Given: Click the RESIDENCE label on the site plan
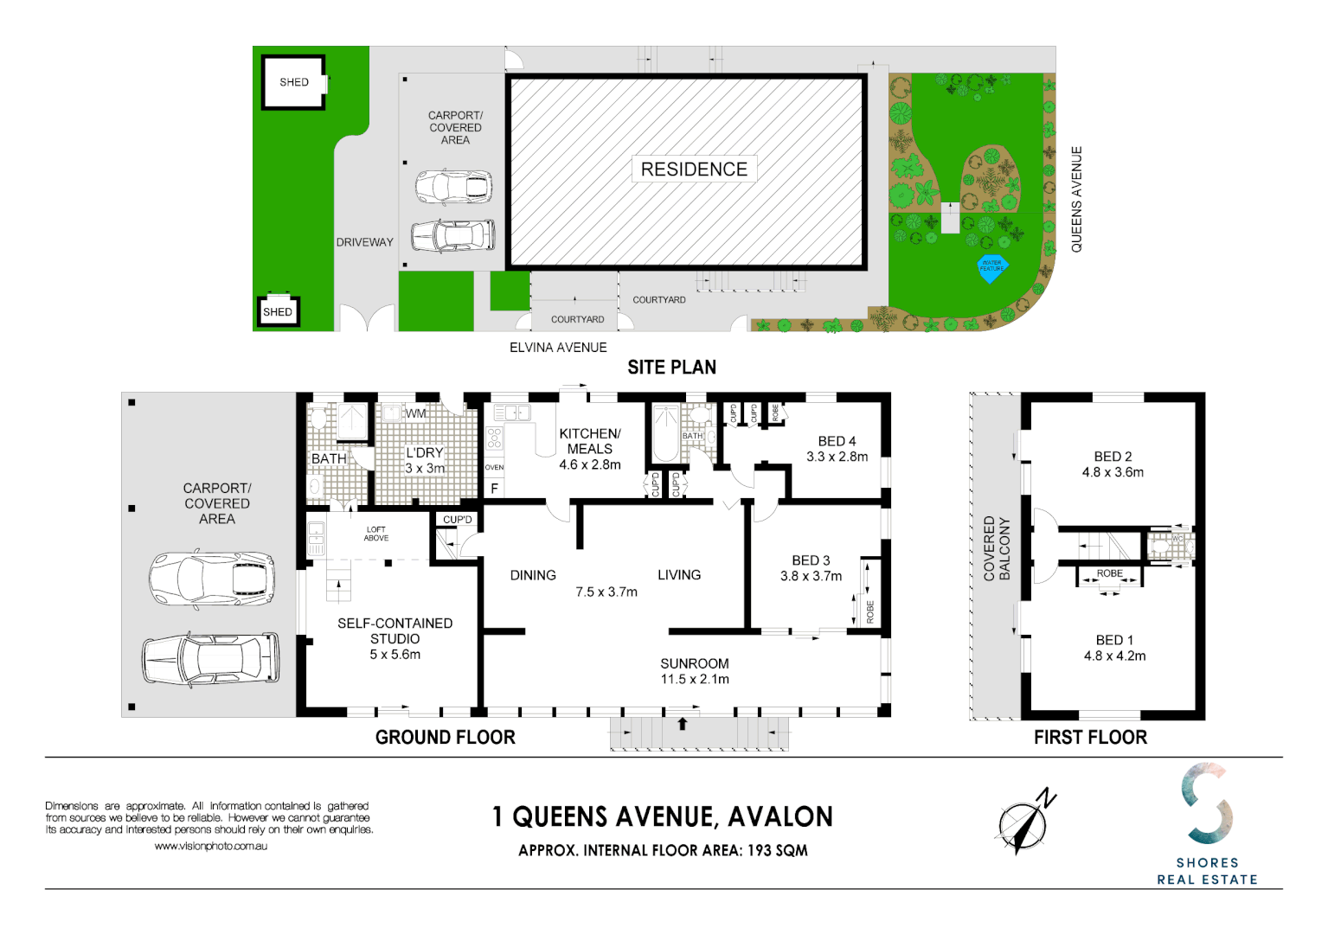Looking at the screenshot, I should (694, 170).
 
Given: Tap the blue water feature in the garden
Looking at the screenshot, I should (991, 266).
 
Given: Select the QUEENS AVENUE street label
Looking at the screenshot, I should (1076, 200).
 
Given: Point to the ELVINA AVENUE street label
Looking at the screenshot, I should (558, 348).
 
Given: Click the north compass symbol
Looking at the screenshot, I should (1024, 822).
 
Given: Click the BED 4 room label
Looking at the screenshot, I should (837, 441).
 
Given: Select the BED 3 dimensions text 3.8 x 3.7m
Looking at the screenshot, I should (811, 576).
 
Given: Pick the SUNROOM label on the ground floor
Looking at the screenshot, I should (694, 663).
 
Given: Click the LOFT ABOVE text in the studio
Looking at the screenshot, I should (376, 534).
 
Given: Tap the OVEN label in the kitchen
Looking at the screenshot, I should (494, 467).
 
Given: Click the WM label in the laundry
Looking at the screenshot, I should (416, 413).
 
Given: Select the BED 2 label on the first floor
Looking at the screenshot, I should (1113, 457).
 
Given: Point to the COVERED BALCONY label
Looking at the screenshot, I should (997, 549).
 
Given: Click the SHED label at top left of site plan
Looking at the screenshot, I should (293, 82).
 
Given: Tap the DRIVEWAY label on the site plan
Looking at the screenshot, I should (364, 242).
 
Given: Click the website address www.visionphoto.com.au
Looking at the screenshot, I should (211, 847).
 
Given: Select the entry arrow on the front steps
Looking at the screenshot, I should (683, 724).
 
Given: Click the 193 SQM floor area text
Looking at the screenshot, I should (777, 850).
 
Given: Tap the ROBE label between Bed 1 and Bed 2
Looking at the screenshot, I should (1109, 573).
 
